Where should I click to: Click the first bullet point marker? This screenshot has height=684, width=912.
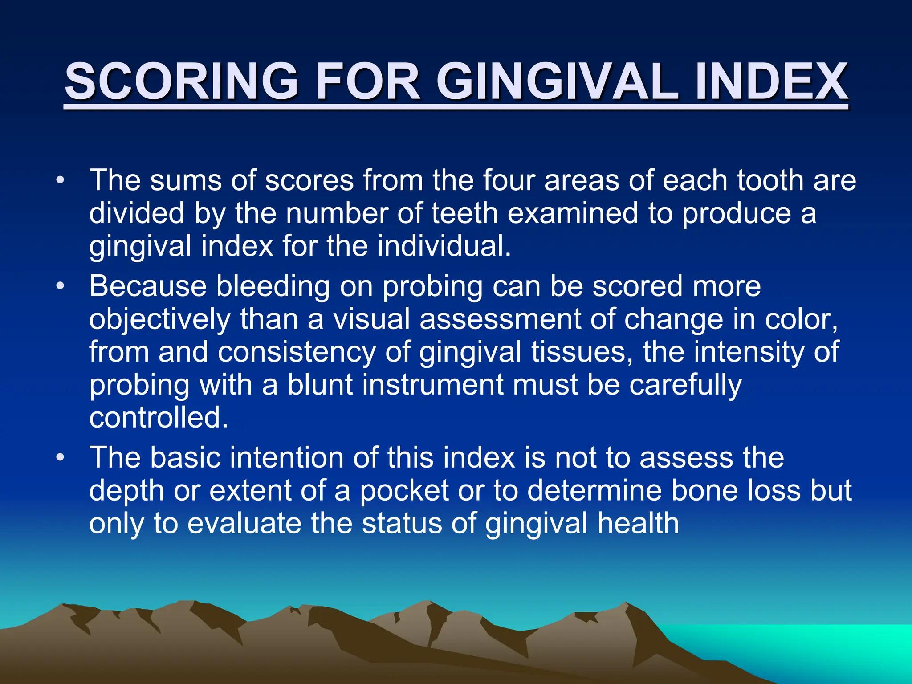coord(60,181)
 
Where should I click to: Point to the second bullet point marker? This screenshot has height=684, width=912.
coord(60,286)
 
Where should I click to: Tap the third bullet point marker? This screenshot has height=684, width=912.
coord(60,458)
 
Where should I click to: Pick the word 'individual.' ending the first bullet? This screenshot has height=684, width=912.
coord(444,246)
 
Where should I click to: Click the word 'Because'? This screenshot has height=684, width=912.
coord(148,286)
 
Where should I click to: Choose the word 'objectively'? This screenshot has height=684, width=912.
coord(160,319)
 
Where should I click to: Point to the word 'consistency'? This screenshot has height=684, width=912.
coord(297,352)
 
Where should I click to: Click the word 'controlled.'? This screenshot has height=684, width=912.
coord(159,418)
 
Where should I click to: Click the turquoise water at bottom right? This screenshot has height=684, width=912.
coord(824,646)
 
